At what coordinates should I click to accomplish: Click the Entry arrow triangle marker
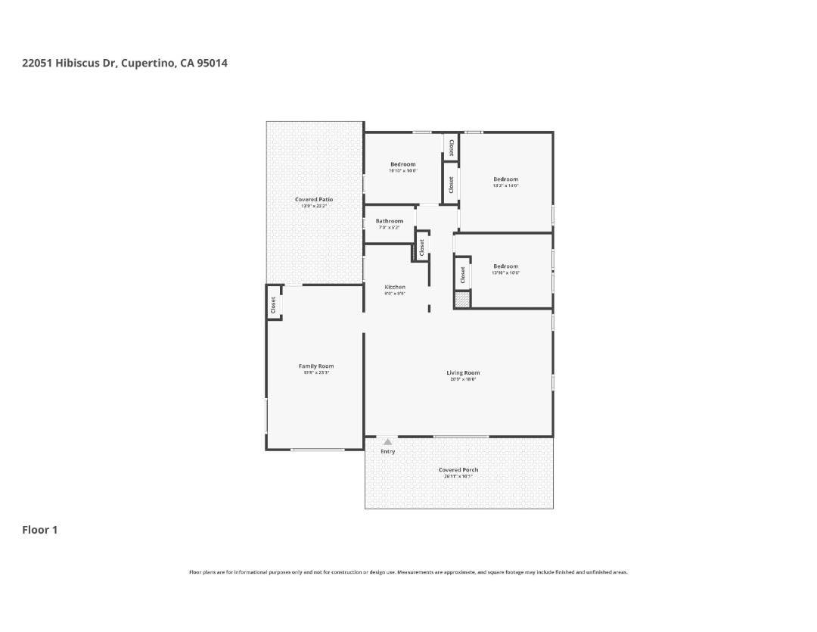click(387, 441)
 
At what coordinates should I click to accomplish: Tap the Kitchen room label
click(395, 287)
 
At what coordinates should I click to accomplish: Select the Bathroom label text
click(390, 221)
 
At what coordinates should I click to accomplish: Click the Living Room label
click(463, 372)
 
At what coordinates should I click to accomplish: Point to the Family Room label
click(316, 366)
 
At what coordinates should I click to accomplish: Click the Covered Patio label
click(314, 200)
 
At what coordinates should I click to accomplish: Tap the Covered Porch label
click(458, 470)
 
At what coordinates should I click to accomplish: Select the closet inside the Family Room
click(274, 304)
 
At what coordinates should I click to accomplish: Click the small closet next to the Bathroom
click(421, 248)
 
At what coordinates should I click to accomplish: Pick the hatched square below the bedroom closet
click(462, 298)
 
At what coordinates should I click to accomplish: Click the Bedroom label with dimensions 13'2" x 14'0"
click(505, 179)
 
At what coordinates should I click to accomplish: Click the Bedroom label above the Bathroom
click(402, 164)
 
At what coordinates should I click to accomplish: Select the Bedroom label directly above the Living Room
click(505, 266)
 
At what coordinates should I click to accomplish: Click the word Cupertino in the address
click(148, 63)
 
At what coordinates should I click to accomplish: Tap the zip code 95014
click(213, 63)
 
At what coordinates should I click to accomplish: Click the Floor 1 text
click(39, 530)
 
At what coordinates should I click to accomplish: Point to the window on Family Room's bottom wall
click(318, 450)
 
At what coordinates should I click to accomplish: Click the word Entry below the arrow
click(387, 452)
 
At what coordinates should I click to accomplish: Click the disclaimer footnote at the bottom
click(408, 572)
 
